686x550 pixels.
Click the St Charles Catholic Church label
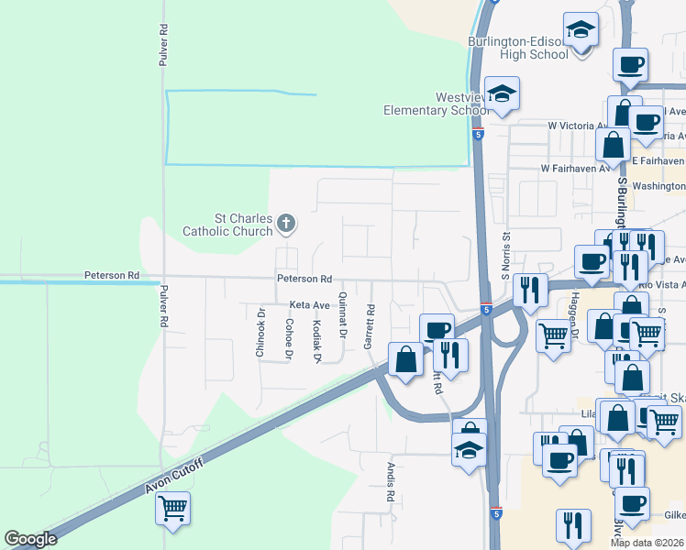point(231,225)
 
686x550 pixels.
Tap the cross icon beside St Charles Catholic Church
point(286,223)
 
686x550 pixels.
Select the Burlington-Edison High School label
point(518,48)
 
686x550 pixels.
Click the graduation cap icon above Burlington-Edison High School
point(581,32)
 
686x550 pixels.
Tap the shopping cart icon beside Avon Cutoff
point(172,506)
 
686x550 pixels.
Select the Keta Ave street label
point(309,304)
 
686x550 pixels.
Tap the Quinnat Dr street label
point(342,313)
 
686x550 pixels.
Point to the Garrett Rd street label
point(369,326)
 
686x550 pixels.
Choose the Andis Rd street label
point(390,482)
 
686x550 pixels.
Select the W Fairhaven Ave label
point(575,169)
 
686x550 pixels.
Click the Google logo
point(30,539)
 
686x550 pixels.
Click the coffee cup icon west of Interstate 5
point(437,329)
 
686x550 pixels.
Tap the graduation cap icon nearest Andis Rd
point(468,450)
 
